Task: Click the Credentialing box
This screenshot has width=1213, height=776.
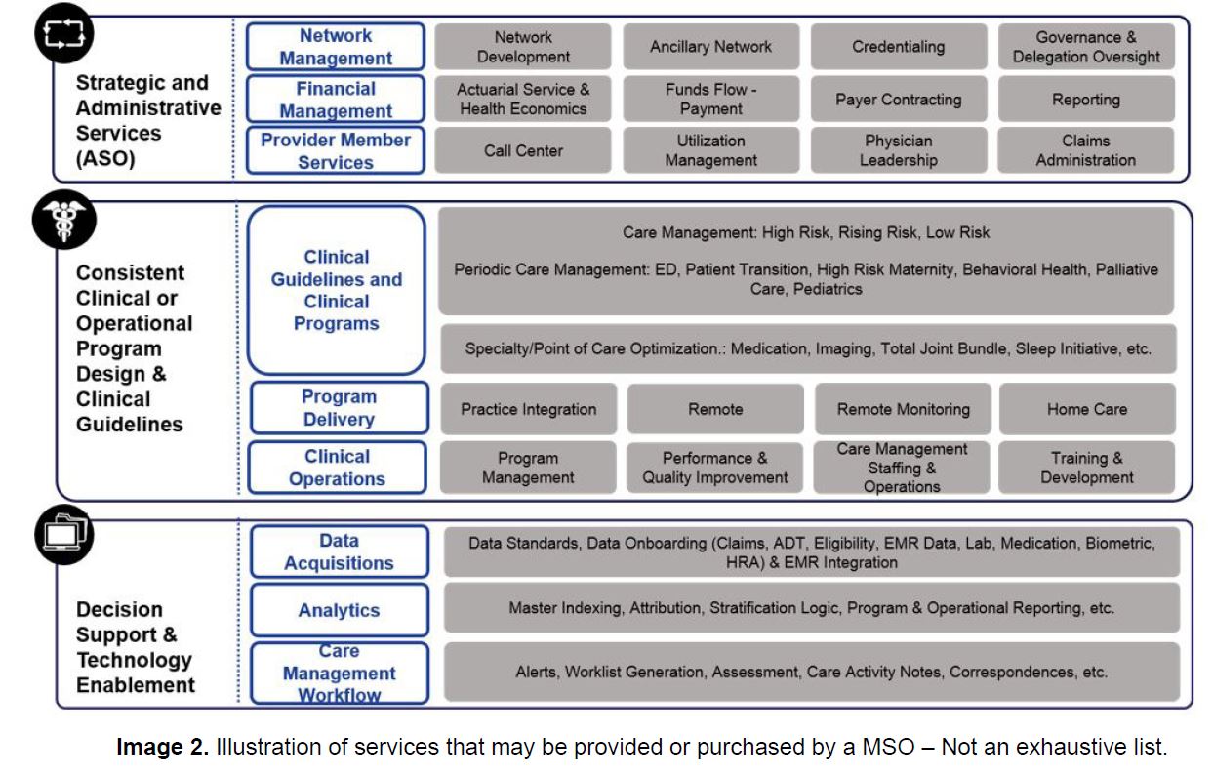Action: [x=899, y=47]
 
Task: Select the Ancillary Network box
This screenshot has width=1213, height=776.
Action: [x=711, y=47]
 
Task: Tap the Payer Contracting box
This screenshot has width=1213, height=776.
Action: [x=899, y=100]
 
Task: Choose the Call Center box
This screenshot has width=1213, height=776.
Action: [x=523, y=150]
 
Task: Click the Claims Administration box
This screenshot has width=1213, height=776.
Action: [x=1086, y=150]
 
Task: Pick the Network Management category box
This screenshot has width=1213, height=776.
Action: [x=336, y=47]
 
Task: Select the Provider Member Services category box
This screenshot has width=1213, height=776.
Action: [x=336, y=150]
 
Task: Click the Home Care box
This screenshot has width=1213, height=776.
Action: [x=1087, y=409]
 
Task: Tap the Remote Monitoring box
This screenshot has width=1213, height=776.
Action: [x=904, y=409]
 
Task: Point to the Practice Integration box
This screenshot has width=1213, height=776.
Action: [x=529, y=409]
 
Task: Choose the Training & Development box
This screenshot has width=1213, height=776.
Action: [x=1087, y=468]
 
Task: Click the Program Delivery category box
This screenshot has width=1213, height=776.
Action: [x=339, y=408]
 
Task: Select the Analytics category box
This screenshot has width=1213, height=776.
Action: [x=339, y=610]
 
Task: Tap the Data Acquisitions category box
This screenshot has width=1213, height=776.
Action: [x=339, y=551]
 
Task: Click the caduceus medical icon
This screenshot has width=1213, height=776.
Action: [x=63, y=220]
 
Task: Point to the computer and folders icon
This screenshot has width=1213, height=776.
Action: [x=63, y=535]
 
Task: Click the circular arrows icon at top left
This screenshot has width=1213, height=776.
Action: [x=63, y=33]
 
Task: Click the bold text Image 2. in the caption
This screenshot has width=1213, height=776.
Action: [x=162, y=746]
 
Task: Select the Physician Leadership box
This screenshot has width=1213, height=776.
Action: [x=899, y=150]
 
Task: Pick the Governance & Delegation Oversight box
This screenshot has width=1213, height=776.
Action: [x=1086, y=47]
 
